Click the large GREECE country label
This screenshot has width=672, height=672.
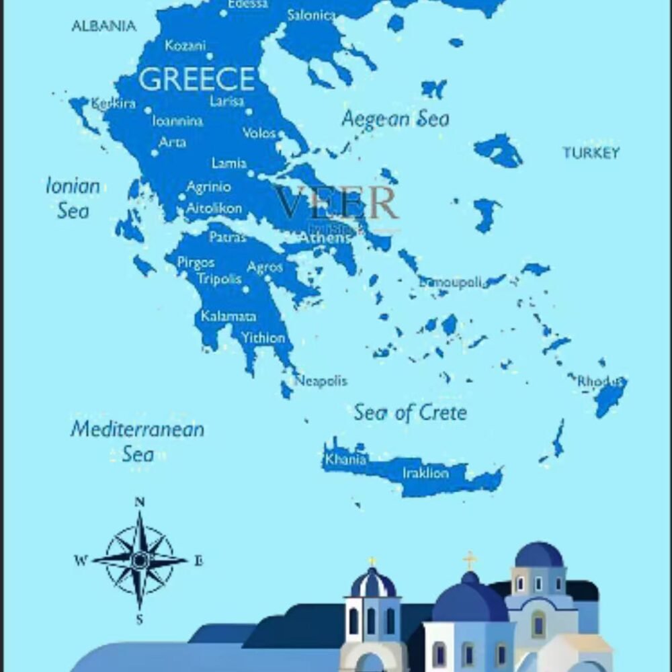click(x=196, y=79)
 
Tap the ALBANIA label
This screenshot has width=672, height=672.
click(x=103, y=26)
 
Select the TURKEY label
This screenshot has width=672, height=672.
click(x=591, y=153)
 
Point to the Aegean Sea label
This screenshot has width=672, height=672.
click(x=395, y=120)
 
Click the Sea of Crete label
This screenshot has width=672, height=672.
click(x=410, y=412)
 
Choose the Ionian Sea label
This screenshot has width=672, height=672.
click(x=73, y=198)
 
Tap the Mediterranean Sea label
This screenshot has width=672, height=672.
click(x=137, y=441)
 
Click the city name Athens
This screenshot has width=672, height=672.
click(x=325, y=238)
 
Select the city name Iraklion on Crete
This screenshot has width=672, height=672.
click(x=425, y=473)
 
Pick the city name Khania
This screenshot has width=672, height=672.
click(x=345, y=460)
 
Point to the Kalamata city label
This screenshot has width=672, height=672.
click(x=228, y=316)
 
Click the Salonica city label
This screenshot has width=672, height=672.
click(x=310, y=15)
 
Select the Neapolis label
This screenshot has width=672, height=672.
click(x=321, y=381)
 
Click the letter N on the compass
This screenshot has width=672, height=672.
click(x=140, y=502)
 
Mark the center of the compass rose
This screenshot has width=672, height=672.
click(x=140, y=559)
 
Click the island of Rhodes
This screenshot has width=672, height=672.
click(x=610, y=396)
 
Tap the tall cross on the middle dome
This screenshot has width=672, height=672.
click(x=470, y=560)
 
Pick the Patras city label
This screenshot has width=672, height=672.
click(x=228, y=237)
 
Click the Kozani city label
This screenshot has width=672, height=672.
click(x=185, y=46)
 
